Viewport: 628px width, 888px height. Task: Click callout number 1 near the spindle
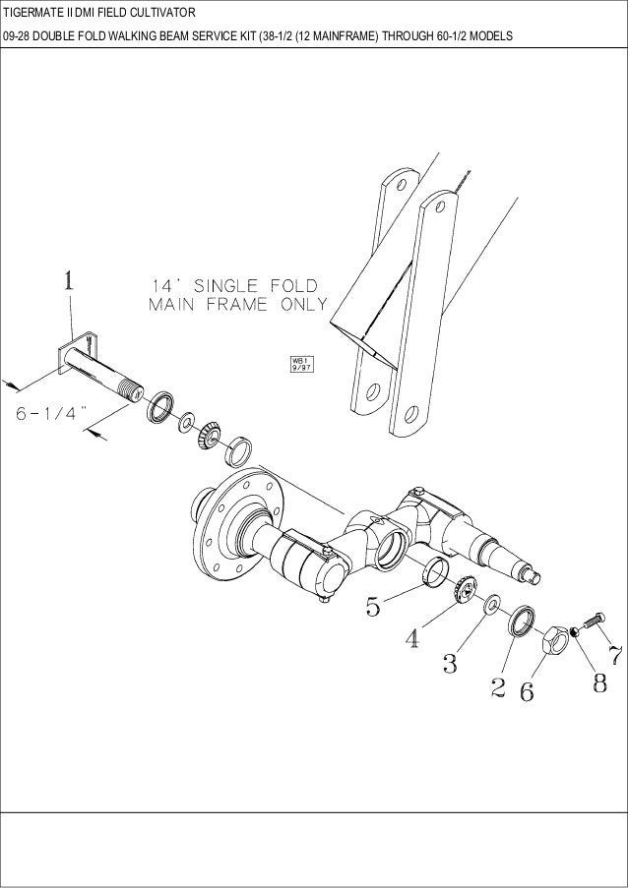pyautogui.click(x=68, y=282)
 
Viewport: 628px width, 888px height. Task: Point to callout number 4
pyautogui.click(x=413, y=638)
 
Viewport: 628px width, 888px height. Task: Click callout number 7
pyautogui.click(x=614, y=654)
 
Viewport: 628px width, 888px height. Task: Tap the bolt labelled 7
pyautogui.click(x=590, y=622)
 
